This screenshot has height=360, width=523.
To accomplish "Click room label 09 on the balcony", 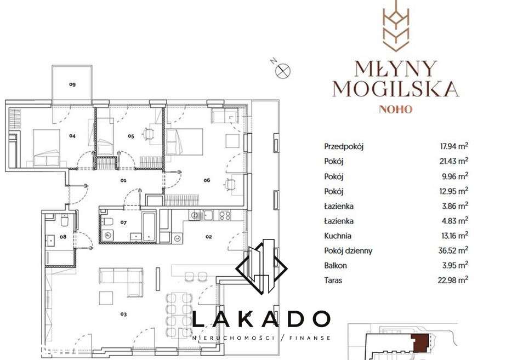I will coord(72,84).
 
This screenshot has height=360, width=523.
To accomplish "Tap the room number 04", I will coord(72,135).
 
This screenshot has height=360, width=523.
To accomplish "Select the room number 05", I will coord(131,135).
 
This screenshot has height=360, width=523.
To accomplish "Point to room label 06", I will coord(207,180).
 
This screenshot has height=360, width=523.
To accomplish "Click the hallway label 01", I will coord(123,180).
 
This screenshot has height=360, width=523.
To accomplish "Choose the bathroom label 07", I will coord(124,222).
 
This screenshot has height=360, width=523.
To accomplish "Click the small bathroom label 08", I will coord(62,237).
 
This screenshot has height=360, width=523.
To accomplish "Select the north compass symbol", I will coord(283,70).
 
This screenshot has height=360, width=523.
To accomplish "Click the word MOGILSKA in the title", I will coord(395,88).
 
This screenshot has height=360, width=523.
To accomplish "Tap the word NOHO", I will coord(395,109).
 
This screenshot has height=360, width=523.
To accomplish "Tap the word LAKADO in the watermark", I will coord(261,319).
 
